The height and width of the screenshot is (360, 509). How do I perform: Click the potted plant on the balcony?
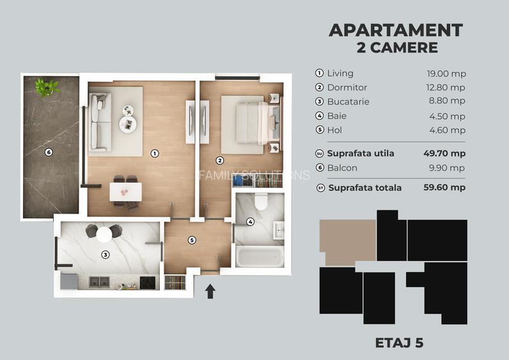click(47, 86)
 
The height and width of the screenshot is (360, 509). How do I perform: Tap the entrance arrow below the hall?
click(210, 292)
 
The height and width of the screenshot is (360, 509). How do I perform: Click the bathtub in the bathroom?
click(260, 258)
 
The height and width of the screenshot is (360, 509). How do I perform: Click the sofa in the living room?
click(98, 121)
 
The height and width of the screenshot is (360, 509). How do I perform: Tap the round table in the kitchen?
click(104, 234)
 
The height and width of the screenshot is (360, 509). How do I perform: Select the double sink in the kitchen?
click(99, 281)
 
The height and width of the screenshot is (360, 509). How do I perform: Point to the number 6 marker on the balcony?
click(48, 152)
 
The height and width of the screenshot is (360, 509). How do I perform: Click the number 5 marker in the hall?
click(191, 240)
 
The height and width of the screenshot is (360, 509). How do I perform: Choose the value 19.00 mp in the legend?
click(446, 74)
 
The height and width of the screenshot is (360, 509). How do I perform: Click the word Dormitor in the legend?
click(347, 88)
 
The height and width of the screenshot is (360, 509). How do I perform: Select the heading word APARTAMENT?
click(395, 30)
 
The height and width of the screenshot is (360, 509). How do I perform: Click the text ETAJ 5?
click(398, 343)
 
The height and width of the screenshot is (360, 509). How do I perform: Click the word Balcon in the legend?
click(342, 168)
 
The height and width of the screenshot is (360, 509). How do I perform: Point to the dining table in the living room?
click(125, 191)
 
